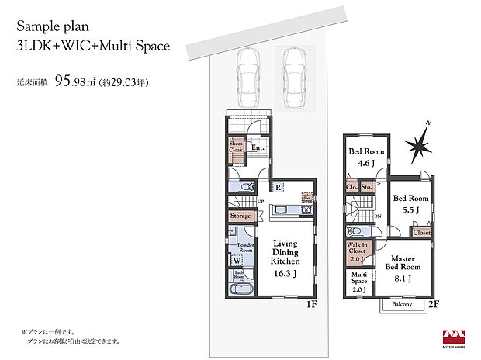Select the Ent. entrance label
coord(258,147)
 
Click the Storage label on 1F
coord(240,215)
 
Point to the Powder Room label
coord(246,247)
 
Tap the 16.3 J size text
coord(285,274)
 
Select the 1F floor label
coord(312,304)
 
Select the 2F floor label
coord(434,304)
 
